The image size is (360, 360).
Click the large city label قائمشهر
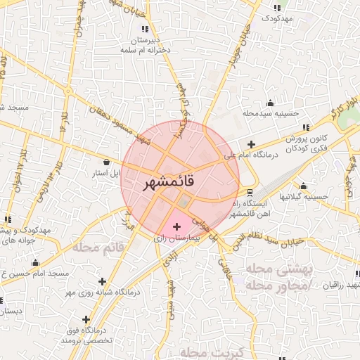(179, 184)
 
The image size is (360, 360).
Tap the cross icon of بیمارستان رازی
(176, 227)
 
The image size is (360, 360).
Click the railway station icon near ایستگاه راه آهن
(250, 192)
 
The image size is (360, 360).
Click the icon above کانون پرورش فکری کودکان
(306, 127)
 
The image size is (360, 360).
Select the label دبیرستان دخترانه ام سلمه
(146, 46)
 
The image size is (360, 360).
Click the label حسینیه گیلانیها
(302, 197)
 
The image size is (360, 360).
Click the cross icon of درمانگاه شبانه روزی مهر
(103, 281)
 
